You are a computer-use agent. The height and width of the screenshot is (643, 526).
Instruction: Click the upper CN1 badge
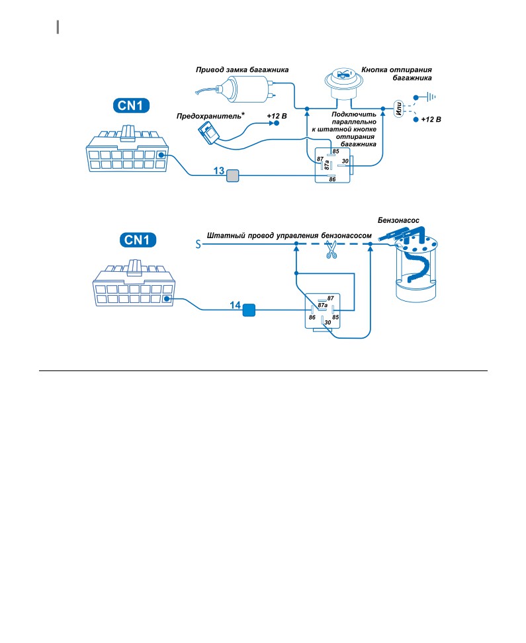tap(131, 105)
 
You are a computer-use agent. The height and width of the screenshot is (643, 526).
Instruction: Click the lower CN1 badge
tap(138, 240)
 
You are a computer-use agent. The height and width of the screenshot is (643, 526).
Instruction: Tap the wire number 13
tap(219, 171)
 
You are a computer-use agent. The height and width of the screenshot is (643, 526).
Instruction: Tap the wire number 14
tap(235, 305)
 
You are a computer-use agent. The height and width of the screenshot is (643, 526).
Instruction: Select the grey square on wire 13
tap(233, 176)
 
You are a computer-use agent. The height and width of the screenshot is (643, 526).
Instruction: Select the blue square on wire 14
tap(249, 310)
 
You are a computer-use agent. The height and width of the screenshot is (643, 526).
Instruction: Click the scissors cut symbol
tap(331, 250)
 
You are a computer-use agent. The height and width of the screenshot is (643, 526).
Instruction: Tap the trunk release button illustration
tap(344, 83)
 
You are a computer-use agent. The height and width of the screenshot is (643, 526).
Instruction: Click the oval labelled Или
tap(398, 109)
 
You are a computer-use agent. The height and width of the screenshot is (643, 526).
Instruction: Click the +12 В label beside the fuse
tap(277, 116)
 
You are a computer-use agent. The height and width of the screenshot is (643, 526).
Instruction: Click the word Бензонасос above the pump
tap(398, 220)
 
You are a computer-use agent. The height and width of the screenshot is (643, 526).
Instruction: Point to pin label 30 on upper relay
tap(345, 161)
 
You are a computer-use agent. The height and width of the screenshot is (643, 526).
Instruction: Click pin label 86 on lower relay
tap(312, 318)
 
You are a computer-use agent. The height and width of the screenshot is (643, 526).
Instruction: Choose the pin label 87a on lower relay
tap(323, 305)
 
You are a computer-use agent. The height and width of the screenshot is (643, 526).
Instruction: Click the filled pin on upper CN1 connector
tap(161, 155)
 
